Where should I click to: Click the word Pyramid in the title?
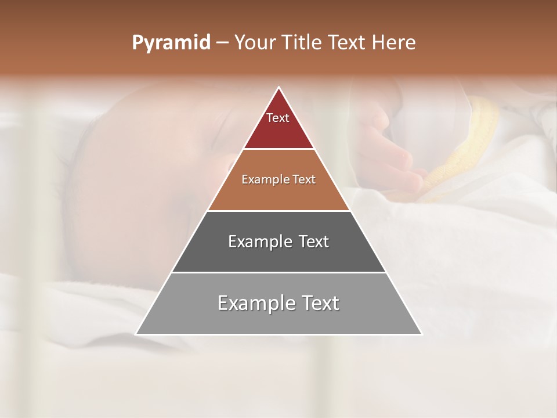(x=171, y=43)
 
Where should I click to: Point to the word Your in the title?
(x=255, y=43)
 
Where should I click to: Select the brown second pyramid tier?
(x=278, y=194)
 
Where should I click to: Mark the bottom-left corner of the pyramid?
(x=136, y=334)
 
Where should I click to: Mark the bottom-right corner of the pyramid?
(x=421, y=334)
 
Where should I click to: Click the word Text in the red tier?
(x=278, y=118)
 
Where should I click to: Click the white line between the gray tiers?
(x=278, y=272)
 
